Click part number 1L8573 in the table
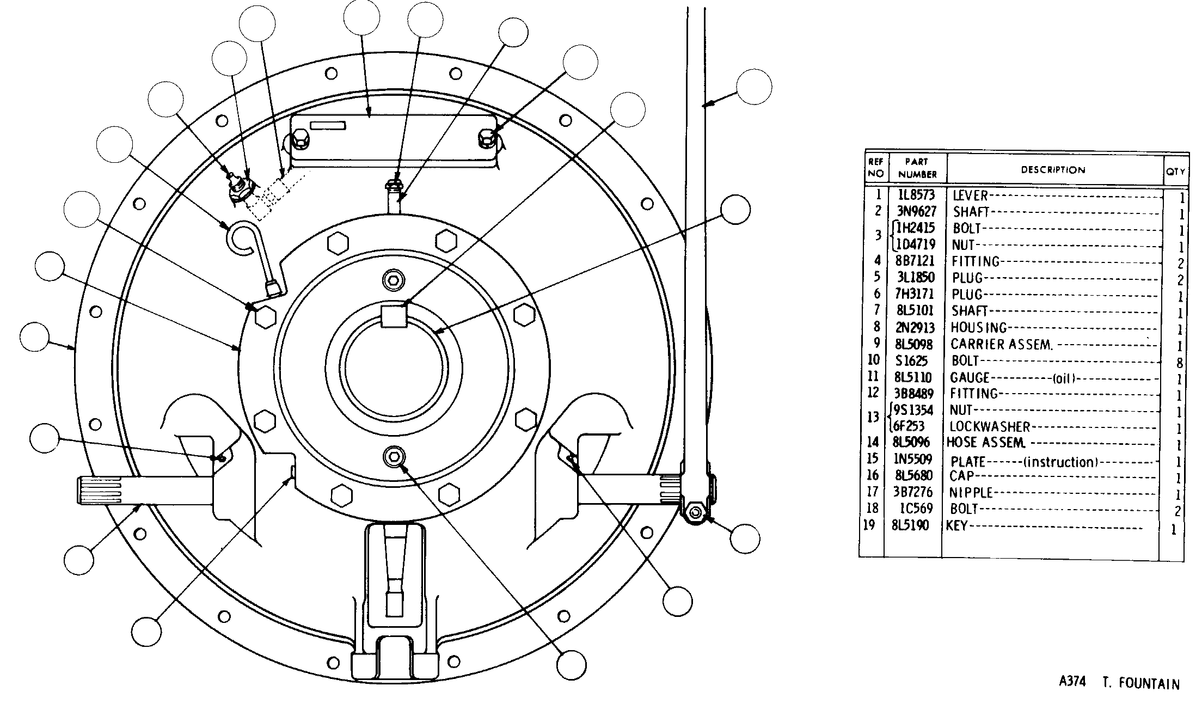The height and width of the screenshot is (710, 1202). pyautogui.click(x=916, y=195)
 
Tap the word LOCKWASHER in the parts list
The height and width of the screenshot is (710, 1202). pyautogui.click(x=990, y=426)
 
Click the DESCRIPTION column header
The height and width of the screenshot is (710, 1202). pyautogui.click(x=1053, y=170)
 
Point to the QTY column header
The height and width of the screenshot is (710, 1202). pyautogui.click(x=1175, y=171)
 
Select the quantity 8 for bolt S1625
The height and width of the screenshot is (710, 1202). pyautogui.click(x=1179, y=363)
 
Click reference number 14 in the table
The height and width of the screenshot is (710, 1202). pyautogui.click(x=873, y=442)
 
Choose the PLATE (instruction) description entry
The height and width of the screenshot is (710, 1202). pyautogui.click(x=1024, y=462)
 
